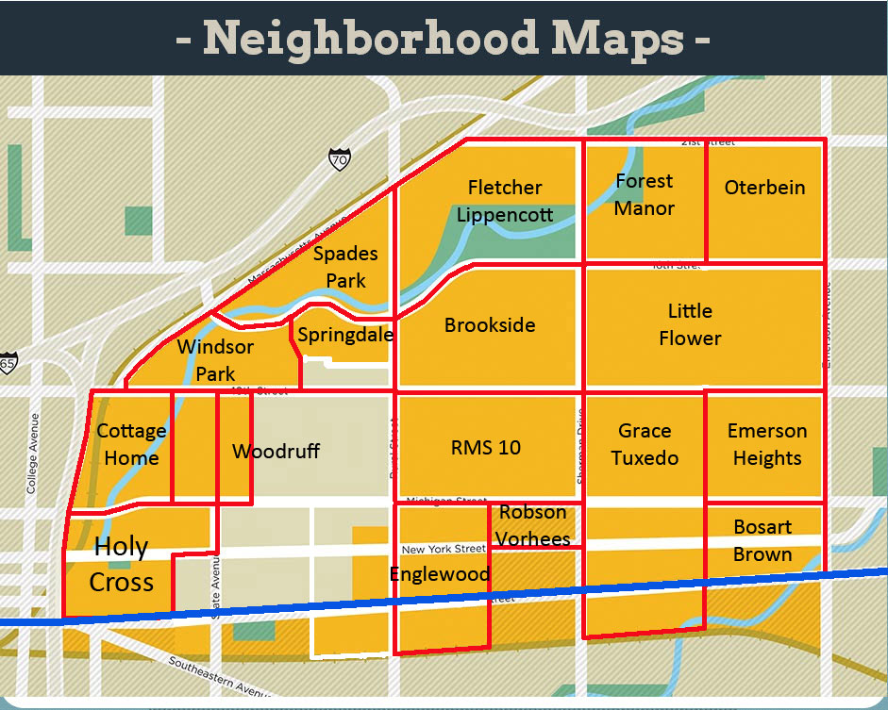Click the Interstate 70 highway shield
coord(339,159)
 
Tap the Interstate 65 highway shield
coord(8,363)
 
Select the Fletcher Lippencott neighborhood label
coord(505,201)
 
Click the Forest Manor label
coord(645,194)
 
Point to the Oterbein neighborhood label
coord(764,188)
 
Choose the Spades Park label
coord(345,267)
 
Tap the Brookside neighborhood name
coord(490,325)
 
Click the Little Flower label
coord(690,324)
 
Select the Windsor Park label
coord(215,360)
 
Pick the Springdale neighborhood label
coord(344,335)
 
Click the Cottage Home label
coord(131,444)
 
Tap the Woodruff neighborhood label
coord(276,452)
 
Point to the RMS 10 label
coord(485,447)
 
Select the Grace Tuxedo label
coord(645,444)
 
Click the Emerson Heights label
coord(766,444)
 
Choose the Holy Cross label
coord(121,565)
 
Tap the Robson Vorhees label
coord(534,526)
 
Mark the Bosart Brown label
coord(762,540)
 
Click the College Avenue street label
coord(32,454)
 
